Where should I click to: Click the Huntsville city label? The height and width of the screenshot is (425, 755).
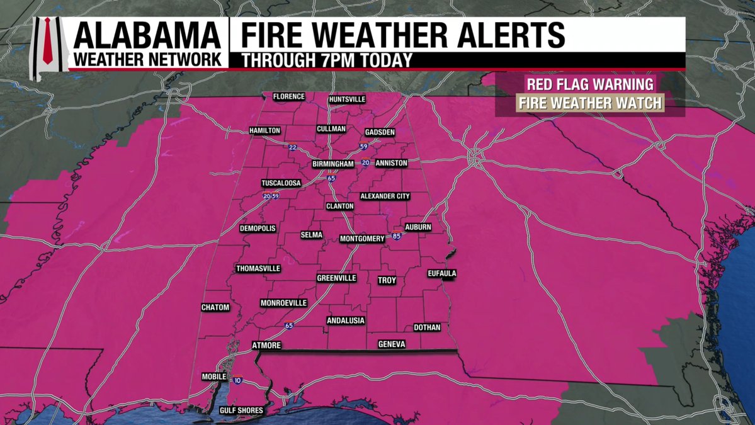347,99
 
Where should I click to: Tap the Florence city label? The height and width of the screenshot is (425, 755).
289,96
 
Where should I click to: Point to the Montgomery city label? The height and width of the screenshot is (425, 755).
362,239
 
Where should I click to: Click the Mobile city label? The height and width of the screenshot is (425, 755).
214,377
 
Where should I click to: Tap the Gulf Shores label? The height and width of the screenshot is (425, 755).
241,411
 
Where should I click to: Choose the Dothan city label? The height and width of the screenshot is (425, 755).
427,327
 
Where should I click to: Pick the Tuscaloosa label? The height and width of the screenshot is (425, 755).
281,183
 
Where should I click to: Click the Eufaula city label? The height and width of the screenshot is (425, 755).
441,273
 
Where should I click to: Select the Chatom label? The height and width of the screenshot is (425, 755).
215,307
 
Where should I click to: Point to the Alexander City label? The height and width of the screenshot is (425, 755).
385,196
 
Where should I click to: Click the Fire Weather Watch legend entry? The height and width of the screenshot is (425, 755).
589,103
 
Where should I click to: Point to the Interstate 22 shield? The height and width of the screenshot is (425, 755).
292,147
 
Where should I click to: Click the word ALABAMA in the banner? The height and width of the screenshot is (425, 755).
147,35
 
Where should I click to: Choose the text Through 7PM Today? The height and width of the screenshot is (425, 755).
327,61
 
